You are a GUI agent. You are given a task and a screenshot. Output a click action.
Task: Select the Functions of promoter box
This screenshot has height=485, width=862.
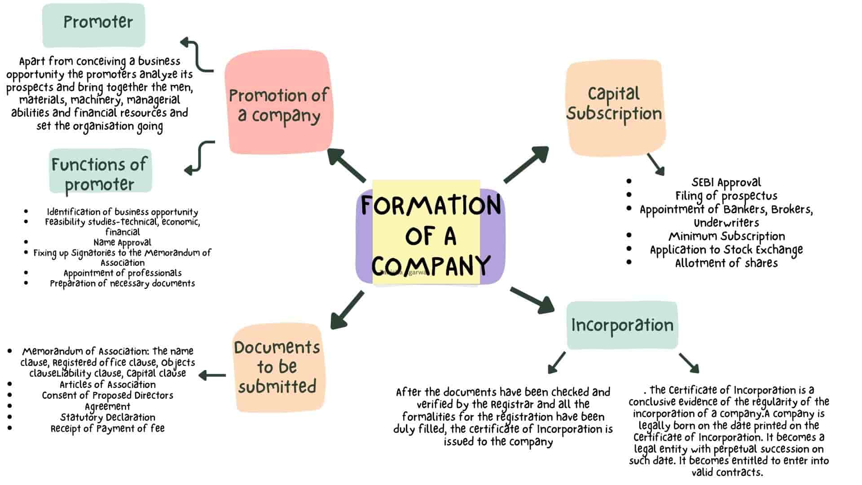pos(100,173)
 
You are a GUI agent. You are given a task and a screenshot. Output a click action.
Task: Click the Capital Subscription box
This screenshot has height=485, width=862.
pos(615,108)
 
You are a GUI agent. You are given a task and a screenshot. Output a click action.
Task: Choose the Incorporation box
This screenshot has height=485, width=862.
pos(622,325)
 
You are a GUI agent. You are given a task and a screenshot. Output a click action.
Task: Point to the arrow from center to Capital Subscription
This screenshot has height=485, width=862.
pos(526,164)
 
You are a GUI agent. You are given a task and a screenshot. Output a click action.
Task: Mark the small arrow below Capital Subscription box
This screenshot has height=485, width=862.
pos(656,164)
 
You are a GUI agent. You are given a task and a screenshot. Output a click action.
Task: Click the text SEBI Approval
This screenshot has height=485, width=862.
pos(726,182)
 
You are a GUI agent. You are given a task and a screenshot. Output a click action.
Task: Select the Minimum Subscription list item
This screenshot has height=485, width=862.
pos(726,236)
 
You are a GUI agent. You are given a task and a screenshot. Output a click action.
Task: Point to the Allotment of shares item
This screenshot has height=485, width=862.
pos(726,263)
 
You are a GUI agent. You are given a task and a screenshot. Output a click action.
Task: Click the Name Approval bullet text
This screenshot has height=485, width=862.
pos(122,242)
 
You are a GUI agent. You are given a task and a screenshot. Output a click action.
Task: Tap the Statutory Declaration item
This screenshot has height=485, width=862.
pos(108,417)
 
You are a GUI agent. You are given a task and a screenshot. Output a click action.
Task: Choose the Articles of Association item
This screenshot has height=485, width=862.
pos(108,384)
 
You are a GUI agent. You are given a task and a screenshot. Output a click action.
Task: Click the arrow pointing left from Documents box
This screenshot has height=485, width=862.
pos(212,375)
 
